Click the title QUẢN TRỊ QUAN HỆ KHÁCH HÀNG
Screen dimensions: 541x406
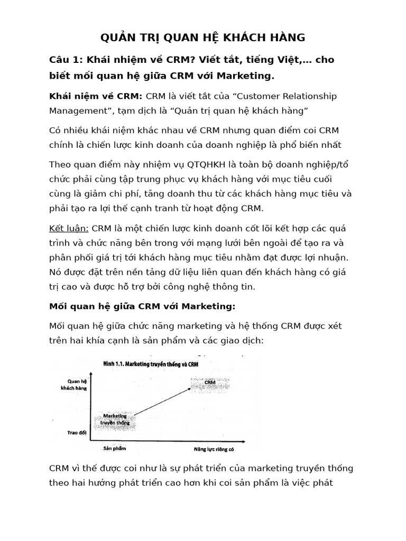click(203, 38)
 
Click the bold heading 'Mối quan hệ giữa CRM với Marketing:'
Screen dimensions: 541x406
click(142, 306)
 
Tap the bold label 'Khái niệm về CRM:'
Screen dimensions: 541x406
click(96, 96)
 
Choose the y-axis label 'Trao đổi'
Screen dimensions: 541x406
click(77, 432)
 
